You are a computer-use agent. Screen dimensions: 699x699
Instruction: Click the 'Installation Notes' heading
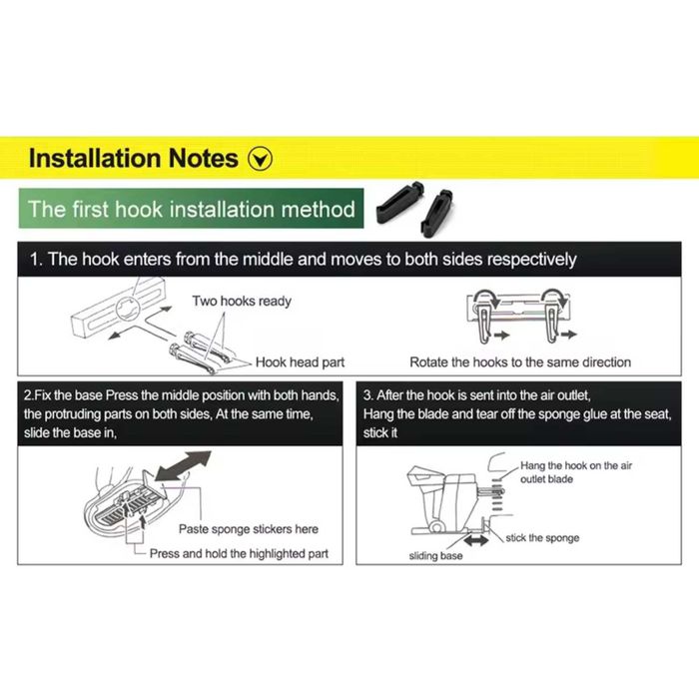(x=133, y=158)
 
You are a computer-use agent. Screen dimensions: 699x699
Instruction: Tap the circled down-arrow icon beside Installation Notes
(x=260, y=159)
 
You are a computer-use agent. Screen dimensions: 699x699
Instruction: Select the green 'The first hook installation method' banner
(x=191, y=208)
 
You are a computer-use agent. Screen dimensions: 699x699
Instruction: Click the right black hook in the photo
(x=437, y=213)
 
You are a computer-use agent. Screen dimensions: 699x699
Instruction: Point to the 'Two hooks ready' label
(x=242, y=301)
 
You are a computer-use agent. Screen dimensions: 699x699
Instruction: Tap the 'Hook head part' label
(x=300, y=361)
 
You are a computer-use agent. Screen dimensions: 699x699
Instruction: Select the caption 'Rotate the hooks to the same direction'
(x=520, y=361)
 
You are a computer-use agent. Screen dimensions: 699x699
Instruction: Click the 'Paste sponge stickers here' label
(x=249, y=529)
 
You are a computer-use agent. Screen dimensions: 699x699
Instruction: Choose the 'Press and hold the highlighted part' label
(x=239, y=553)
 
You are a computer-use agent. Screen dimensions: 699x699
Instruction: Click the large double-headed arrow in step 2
(x=183, y=466)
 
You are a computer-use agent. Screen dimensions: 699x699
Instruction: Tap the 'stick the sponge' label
(x=542, y=537)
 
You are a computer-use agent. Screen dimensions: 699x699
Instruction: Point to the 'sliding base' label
(x=435, y=556)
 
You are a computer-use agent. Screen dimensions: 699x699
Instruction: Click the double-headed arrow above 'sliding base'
(x=476, y=541)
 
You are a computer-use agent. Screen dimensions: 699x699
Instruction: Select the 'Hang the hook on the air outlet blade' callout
(x=576, y=472)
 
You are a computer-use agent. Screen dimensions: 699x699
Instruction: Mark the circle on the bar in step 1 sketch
(x=128, y=308)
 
